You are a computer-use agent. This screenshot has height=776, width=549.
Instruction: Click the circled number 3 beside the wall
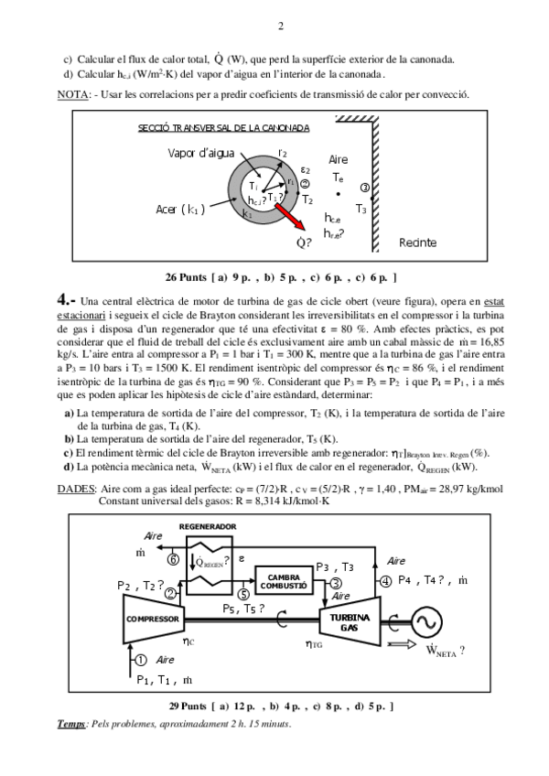click(x=364, y=188)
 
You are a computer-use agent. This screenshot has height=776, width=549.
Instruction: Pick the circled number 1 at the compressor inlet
click(x=140, y=659)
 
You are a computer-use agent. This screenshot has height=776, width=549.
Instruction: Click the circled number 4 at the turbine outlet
click(x=385, y=581)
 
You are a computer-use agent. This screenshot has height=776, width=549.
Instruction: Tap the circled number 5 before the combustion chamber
click(x=242, y=594)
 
